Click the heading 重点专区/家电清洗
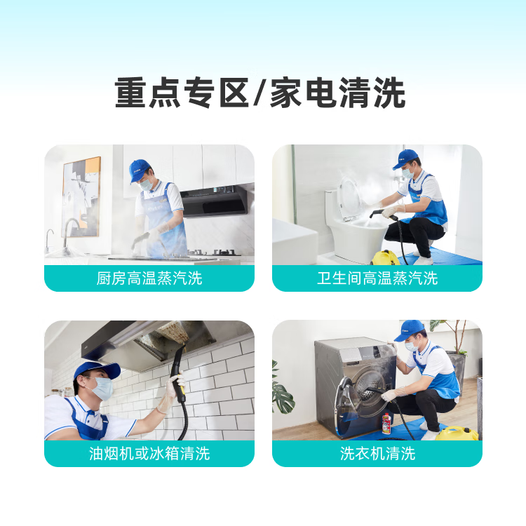(x=260, y=94)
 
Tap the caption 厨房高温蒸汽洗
(x=149, y=278)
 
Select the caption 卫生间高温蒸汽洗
(x=377, y=278)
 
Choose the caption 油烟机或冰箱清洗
(x=149, y=454)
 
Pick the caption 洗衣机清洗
(x=377, y=454)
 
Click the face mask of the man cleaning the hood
(x=102, y=388)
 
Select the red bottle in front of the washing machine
(x=386, y=423)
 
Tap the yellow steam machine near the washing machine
(x=457, y=433)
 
